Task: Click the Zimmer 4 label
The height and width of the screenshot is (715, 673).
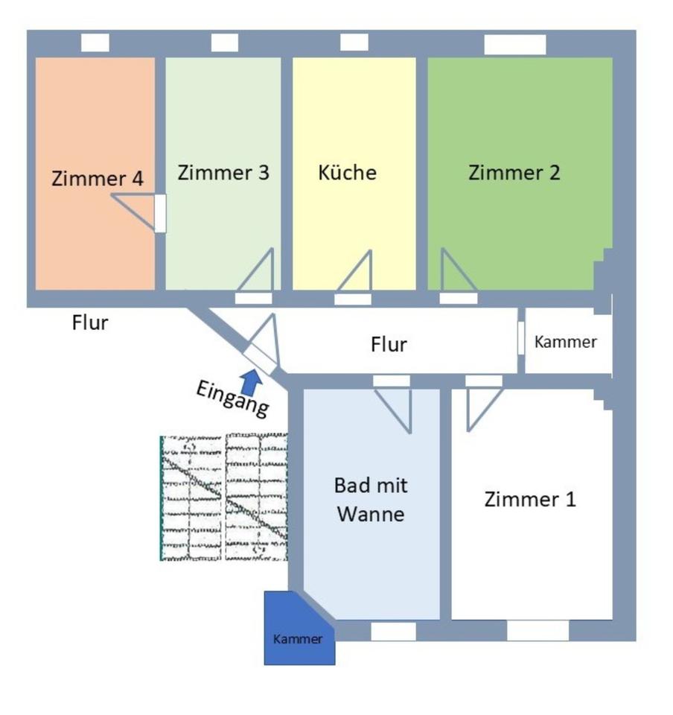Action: [x=98, y=179]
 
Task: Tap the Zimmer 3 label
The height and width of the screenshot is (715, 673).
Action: [x=223, y=173]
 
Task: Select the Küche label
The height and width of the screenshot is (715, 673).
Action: [x=347, y=173]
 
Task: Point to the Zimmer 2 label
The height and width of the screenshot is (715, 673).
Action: [x=514, y=173]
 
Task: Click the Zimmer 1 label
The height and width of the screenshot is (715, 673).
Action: [x=530, y=499]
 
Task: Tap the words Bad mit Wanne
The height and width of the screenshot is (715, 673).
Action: [x=371, y=500]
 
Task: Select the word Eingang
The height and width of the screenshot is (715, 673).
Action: [x=232, y=398]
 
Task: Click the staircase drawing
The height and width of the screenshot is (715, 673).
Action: [x=223, y=498]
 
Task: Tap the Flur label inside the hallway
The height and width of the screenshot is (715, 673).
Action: [x=389, y=345]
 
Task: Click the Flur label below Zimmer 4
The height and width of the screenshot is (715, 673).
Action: [x=90, y=323]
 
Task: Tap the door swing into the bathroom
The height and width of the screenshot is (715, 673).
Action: [x=396, y=406]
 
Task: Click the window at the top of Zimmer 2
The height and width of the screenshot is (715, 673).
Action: [x=515, y=45]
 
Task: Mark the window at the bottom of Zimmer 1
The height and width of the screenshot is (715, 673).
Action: [x=538, y=631]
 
